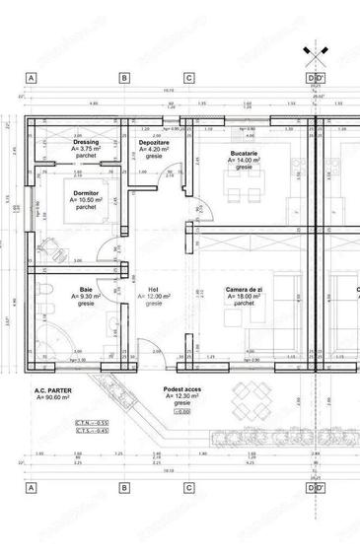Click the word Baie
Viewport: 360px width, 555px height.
tap(87, 290)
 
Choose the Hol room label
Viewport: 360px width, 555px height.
tap(153, 290)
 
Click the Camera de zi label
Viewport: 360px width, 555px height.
tap(243, 290)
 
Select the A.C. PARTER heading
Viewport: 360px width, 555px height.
tap(56, 390)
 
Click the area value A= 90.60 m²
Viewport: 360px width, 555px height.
tap(56, 398)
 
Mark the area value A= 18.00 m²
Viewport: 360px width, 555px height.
tap(243, 297)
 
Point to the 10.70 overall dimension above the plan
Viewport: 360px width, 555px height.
tap(167, 90)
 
